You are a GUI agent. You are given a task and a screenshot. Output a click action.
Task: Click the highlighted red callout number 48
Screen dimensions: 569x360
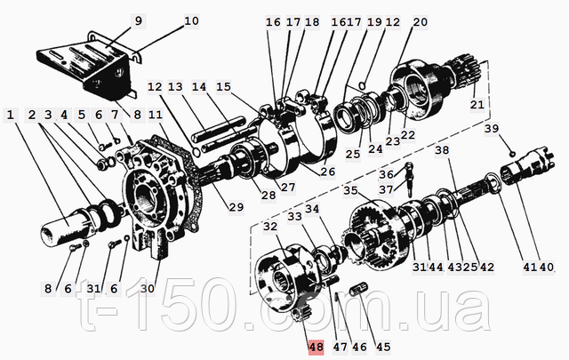click(x=316, y=347)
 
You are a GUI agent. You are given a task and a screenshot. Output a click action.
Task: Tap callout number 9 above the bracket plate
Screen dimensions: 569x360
click(x=139, y=21)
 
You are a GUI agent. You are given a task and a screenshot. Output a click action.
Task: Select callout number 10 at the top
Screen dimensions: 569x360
click(x=191, y=21)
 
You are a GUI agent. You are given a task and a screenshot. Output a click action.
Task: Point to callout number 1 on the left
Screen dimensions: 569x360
click(x=10, y=115)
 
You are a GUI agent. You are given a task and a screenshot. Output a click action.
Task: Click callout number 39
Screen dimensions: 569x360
click(x=492, y=129)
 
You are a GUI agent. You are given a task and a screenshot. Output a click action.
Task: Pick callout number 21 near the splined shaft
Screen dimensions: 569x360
click(x=477, y=105)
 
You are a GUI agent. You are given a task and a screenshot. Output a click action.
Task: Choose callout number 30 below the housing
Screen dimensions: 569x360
click(x=148, y=289)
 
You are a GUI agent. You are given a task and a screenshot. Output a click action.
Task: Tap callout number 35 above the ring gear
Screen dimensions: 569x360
click(x=350, y=190)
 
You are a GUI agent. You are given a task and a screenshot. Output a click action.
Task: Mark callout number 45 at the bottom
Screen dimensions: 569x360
click(x=383, y=347)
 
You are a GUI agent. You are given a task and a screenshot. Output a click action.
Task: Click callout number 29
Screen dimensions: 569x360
click(x=236, y=207)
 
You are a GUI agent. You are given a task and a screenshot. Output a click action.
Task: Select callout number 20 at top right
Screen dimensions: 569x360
click(x=421, y=22)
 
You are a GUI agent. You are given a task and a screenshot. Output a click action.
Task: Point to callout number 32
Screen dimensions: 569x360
click(x=270, y=227)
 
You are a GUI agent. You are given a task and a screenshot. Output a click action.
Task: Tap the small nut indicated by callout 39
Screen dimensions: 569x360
click(x=512, y=154)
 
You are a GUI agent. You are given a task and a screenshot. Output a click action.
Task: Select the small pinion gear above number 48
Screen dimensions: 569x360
click(x=301, y=312)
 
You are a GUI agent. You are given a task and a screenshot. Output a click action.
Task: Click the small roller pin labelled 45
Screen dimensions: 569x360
click(x=358, y=289)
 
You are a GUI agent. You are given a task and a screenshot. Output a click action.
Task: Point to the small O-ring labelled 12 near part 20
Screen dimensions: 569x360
click(x=362, y=85)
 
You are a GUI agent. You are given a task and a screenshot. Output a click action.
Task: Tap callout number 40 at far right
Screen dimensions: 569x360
click(x=547, y=268)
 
